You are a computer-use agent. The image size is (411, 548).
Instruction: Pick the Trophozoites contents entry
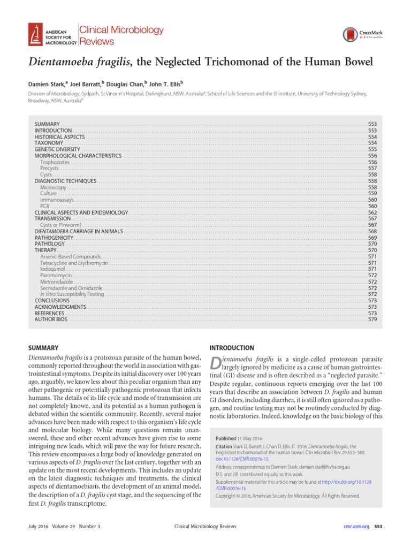(55, 162)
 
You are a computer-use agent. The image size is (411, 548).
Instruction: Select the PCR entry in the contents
(45, 206)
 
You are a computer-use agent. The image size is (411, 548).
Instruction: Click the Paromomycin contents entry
(56, 275)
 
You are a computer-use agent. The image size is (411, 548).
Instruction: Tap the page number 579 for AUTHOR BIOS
(372, 319)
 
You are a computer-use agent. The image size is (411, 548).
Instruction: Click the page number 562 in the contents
(372, 212)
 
